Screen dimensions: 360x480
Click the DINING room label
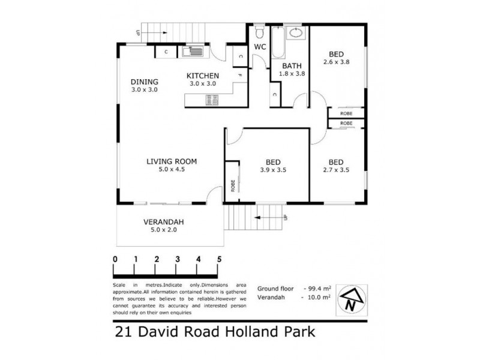(x=144, y=82)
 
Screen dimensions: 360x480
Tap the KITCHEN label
(x=202, y=76)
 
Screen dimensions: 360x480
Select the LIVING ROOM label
(x=172, y=161)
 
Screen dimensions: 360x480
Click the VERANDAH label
(x=163, y=222)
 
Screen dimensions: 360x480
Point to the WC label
(x=260, y=46)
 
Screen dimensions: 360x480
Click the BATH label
(x=292, y=67)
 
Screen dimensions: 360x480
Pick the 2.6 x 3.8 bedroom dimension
(x=336, y=62)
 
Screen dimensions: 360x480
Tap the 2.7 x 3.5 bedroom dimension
(x=336, y=170)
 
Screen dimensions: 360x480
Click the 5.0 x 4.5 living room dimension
(x=172, y=170)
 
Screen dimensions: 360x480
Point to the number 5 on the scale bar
(x=220, y=259)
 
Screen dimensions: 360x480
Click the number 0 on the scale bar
(x=115, y=259)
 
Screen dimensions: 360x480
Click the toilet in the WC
(x=259, y=31)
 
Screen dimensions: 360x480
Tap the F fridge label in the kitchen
(x=239, y=75)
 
